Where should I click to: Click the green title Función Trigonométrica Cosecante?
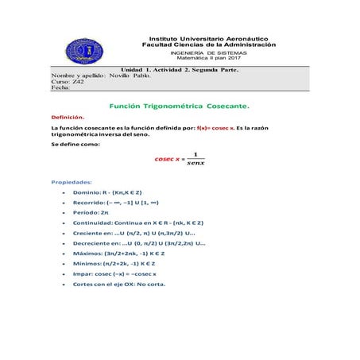point(179,105)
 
